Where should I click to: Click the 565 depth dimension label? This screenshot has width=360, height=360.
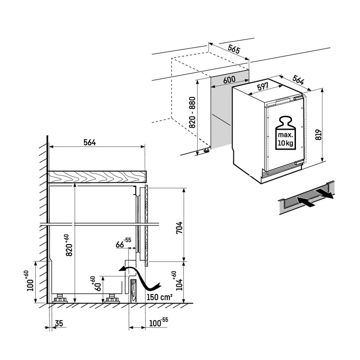pyautogui.click(x=234, y=50)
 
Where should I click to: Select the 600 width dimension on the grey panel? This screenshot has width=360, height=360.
pyautogui.click(x=229, y=80)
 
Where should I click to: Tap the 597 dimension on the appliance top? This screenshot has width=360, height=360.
pyautogui.click(x=263, y=86)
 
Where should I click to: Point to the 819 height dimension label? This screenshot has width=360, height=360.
pyautogui.click(x=318, y=134)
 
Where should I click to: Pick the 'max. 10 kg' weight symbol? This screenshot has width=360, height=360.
pyautogui.click(x=285, y=133)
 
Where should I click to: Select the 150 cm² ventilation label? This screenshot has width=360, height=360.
pyautogui.click(x=159, y=297)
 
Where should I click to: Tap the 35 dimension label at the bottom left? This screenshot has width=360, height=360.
pyautogui.click(x=59, y=324)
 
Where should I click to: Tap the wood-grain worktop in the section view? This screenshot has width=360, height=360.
pyautogui.click(x=97, y=176)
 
